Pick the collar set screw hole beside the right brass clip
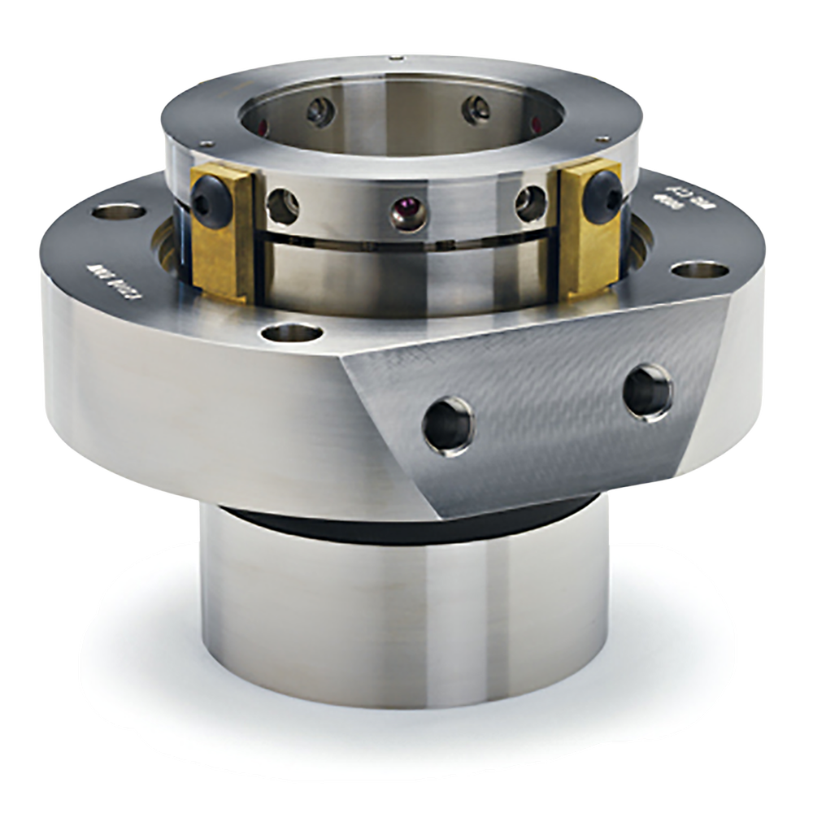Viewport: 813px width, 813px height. click(530, 200)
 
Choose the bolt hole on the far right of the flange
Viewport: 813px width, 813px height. click(691, 269)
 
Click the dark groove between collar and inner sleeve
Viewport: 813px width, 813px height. click(406, 241)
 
